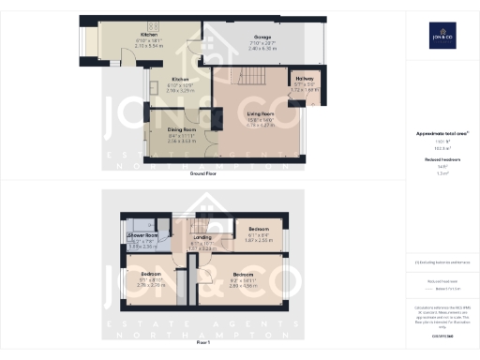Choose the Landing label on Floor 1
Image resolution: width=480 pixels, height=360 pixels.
(201, 238)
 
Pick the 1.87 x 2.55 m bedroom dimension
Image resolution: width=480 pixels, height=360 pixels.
(259, 240)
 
